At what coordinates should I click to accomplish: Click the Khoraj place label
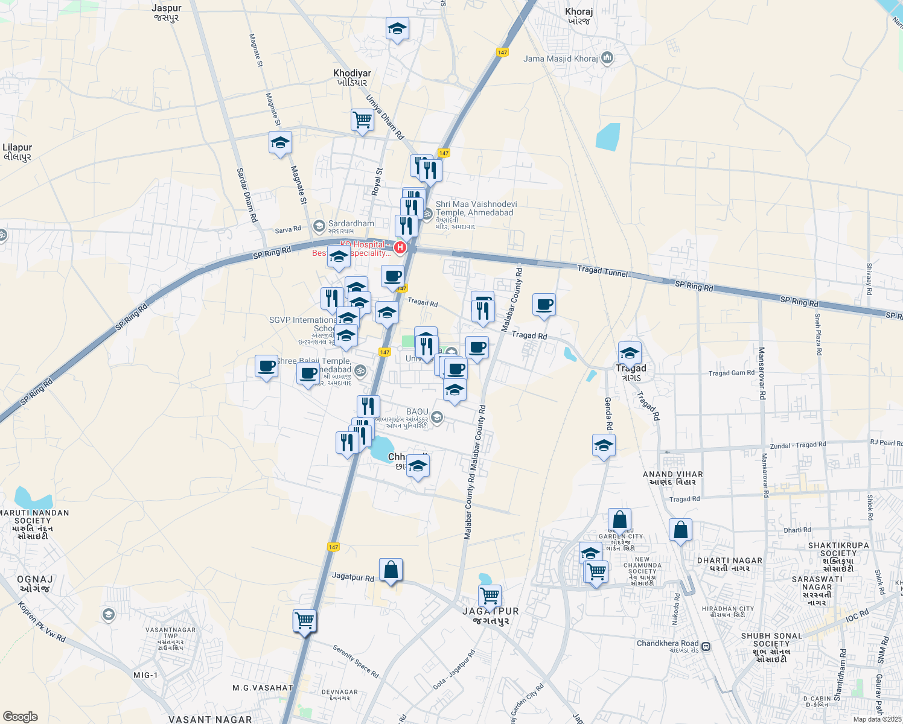pos(578,11)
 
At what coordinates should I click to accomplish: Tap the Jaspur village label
pos(167,8)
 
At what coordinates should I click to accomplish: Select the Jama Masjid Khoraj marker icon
pos(607,59)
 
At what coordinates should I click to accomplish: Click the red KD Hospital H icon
pos(400,247)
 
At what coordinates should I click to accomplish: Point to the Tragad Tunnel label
pos(602,271)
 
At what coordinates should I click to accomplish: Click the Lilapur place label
pos(17,147)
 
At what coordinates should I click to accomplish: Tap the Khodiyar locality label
pos(352,74)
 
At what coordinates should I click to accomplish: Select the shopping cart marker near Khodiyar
pos(362,119)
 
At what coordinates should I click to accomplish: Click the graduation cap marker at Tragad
pos(630,352)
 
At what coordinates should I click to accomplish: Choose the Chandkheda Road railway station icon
pos(706,646)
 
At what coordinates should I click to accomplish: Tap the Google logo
pos(20,717)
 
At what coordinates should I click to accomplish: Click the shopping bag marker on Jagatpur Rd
pos(391,569)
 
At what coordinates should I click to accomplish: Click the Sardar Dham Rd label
pos(246,195)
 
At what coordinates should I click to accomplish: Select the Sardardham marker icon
pos(319,226)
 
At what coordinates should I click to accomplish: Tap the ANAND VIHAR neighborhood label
pos(672,475)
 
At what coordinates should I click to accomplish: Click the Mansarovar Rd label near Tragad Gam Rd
pos(762,373)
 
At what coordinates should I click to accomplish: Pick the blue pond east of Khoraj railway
pos(608,136)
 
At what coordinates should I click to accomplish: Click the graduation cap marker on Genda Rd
pos(604,446)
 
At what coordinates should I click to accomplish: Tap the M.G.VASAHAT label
pos(263,688)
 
